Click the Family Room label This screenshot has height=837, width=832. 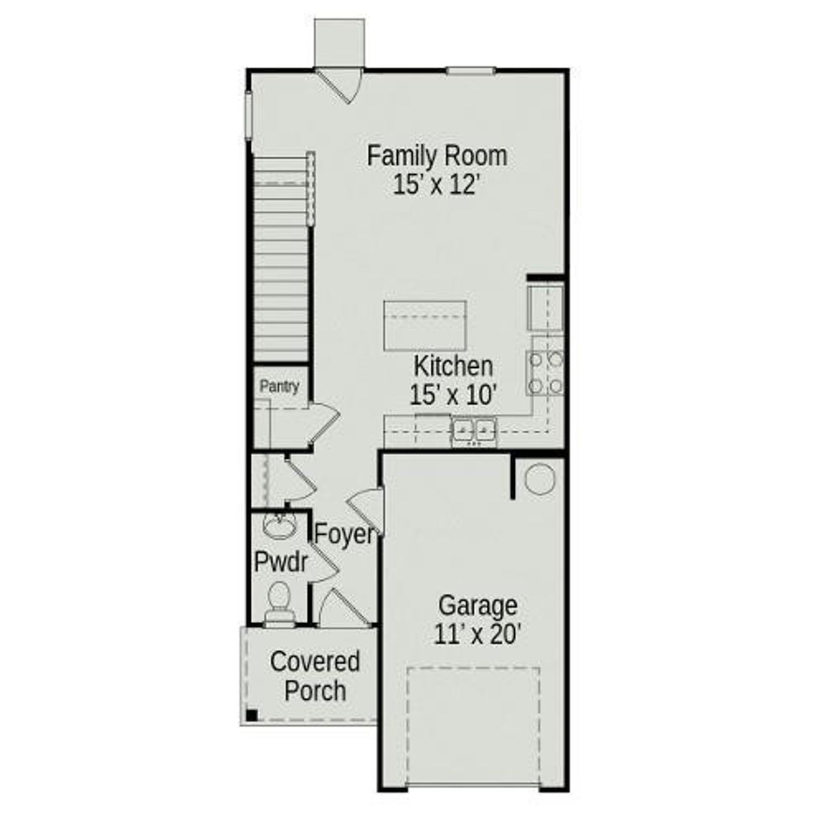coord(437,157)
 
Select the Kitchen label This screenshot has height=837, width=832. coord(453,367)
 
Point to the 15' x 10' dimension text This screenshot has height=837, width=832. coord(453,394)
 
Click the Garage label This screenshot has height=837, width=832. coord(478,606)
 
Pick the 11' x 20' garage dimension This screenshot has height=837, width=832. coord(478,634)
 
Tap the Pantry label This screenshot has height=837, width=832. coord(279,387)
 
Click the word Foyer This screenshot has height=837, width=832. coord(344,534)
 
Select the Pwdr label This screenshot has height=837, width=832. coord(280,562)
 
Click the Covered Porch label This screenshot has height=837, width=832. coord(315,676)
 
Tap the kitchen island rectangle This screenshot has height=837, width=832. coord(425,325)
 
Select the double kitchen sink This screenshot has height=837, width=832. coord(474,430)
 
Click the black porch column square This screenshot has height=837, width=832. coord(252,715)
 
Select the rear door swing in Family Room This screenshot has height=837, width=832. coord(343,84)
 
